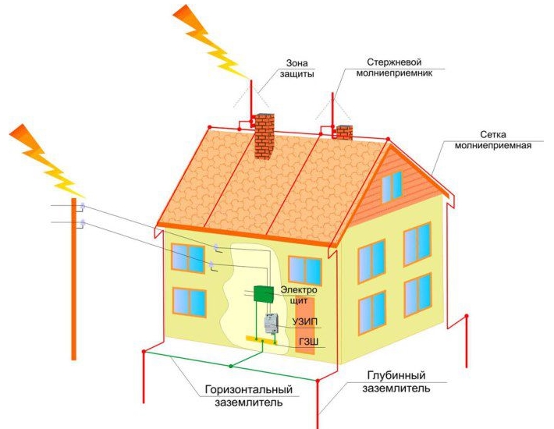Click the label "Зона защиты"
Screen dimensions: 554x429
297,69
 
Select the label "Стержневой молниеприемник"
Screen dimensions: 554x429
394,67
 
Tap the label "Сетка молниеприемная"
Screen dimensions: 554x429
493,140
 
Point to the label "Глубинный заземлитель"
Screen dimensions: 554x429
396,381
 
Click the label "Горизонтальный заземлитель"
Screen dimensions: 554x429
249,395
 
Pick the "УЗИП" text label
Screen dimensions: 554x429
305,321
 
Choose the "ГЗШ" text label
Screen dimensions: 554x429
308,342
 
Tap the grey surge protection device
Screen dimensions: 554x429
271,324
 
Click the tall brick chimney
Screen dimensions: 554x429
265,136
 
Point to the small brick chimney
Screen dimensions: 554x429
344,133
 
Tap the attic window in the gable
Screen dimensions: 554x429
392,186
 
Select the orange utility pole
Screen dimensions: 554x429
74,279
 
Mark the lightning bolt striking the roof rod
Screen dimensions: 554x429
211,41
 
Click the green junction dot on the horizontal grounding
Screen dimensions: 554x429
231,366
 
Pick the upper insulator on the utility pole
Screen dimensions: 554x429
83,205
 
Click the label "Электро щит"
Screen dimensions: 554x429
299,296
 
